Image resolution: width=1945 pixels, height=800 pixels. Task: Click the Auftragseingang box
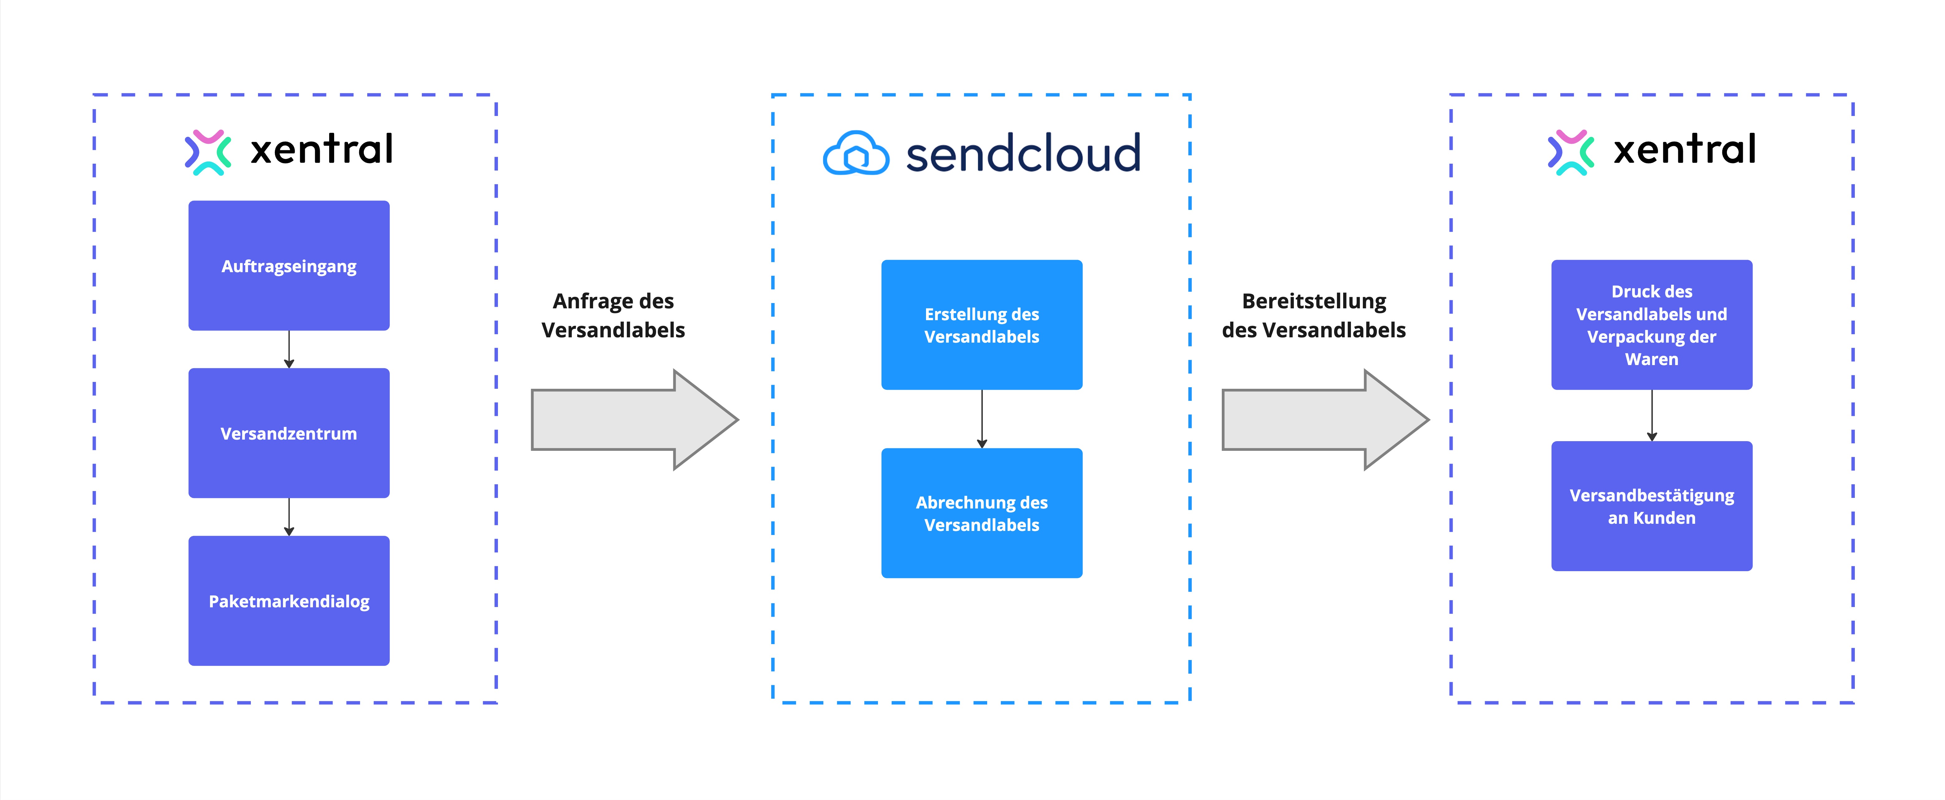(288, 266)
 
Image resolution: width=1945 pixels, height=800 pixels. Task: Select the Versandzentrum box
(288, 433)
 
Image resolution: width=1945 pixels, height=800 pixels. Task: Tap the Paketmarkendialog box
(288, 601)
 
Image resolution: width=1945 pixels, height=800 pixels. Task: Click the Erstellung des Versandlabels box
(982, 325)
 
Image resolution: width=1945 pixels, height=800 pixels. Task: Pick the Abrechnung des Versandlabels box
(982, 513)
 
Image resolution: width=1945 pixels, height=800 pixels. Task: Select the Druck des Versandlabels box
(1651, 325)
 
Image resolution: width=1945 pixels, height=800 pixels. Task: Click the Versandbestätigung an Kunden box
(1651, 506)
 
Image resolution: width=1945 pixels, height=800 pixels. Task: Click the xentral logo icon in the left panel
(208, 152)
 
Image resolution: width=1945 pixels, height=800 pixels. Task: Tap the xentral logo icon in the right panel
(1571, 152)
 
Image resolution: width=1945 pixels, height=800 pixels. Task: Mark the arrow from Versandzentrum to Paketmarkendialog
(288, 517)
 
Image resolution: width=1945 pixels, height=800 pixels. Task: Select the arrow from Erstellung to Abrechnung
(982, 419)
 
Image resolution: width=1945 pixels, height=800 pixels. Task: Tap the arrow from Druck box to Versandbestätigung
(1651, 415)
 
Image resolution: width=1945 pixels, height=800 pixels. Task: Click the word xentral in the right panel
(1684, 149)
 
